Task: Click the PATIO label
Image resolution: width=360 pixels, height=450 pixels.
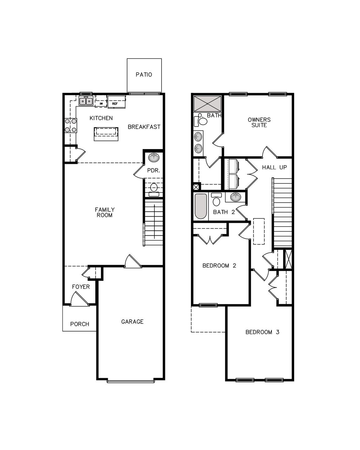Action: coord(144,75)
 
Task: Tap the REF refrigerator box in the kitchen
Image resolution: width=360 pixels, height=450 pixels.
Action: coord(115,103)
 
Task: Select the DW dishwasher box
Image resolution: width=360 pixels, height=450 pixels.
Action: coord(101,103)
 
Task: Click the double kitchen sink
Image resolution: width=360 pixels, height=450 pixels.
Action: coord(86,101)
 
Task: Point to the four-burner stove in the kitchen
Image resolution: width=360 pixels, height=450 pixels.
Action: coord(71,125)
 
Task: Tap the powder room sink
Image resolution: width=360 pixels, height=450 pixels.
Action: coord(153,158)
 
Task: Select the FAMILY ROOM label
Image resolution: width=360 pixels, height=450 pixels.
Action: coord(105,212)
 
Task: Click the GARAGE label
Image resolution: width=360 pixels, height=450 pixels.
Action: coord(132,322)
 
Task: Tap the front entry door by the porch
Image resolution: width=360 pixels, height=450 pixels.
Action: coord(78,299)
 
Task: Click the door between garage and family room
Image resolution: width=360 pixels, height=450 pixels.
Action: coord(132,262)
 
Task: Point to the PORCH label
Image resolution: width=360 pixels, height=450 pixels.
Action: coord(80,324)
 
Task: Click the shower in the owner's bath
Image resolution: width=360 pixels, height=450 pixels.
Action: coord(207,103)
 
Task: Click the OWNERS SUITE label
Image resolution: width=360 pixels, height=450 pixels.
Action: coord(259,122)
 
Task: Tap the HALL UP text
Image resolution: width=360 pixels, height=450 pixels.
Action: coord(274,167)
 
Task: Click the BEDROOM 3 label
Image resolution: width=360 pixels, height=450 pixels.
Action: coord(262,332)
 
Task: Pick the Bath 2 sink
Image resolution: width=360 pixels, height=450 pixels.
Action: coord(235,197)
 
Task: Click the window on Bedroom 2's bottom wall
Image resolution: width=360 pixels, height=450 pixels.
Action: coord(208,305)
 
